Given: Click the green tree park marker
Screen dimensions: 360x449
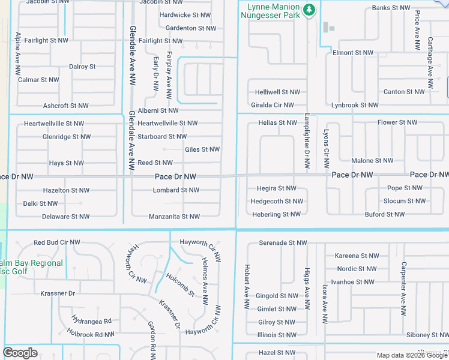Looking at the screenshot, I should [x=309, y=10].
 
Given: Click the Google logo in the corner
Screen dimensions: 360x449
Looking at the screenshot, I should [x=20, y=353].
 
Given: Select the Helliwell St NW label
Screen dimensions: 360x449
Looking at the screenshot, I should [x=277, y=92].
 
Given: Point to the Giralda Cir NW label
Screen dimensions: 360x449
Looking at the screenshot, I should [x=273, y=105].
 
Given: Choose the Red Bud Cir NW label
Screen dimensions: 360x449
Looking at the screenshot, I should [x=57, y=243].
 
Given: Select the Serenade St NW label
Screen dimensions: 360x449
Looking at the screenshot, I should [x=283, y=243].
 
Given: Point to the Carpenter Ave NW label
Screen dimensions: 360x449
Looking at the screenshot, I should [x=404, y=289].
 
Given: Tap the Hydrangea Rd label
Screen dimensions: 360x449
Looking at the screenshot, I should [x=91, y=321].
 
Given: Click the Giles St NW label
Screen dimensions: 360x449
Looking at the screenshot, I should [x=202, y=149].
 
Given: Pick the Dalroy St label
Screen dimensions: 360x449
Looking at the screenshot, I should [x=82, y=67].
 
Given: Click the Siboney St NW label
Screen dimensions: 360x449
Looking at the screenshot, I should [x=427, y=335].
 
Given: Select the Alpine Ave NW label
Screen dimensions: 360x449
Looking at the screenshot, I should [x=19, y=52].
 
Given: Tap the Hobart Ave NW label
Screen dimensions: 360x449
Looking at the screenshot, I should [x=247, y=287].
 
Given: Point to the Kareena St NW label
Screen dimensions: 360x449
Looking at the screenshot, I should [x=356, y=256].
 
